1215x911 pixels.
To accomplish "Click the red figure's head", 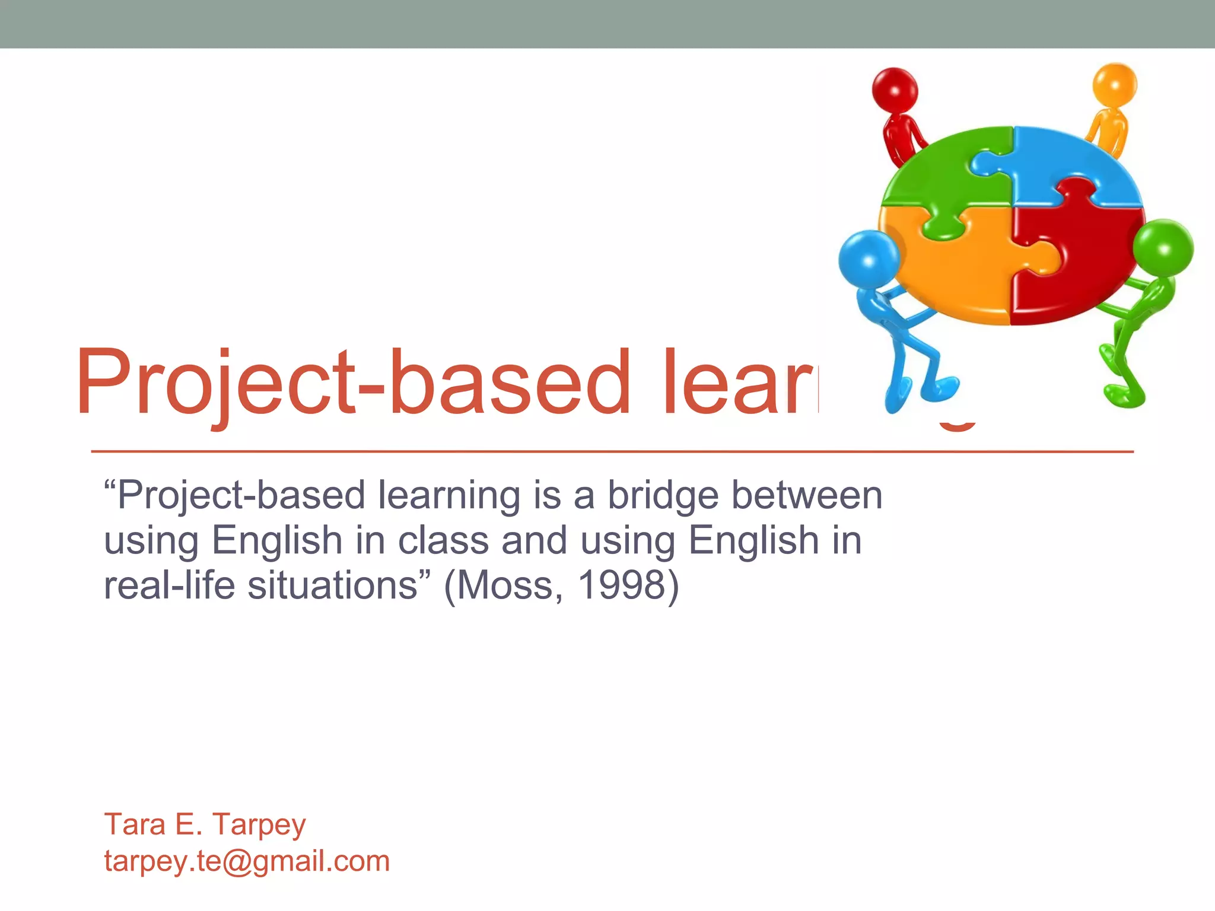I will [x=895, y=91].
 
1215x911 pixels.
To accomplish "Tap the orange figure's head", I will [x=1115, y=84].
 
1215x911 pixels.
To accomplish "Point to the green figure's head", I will [x=1163, y=248].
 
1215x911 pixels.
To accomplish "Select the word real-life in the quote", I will [x=170, y=586].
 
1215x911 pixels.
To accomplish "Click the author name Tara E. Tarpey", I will [x=205, y=824].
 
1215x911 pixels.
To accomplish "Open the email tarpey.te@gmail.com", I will [x=247, y=861].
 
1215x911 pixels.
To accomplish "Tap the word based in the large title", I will [x=510, y=383].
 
